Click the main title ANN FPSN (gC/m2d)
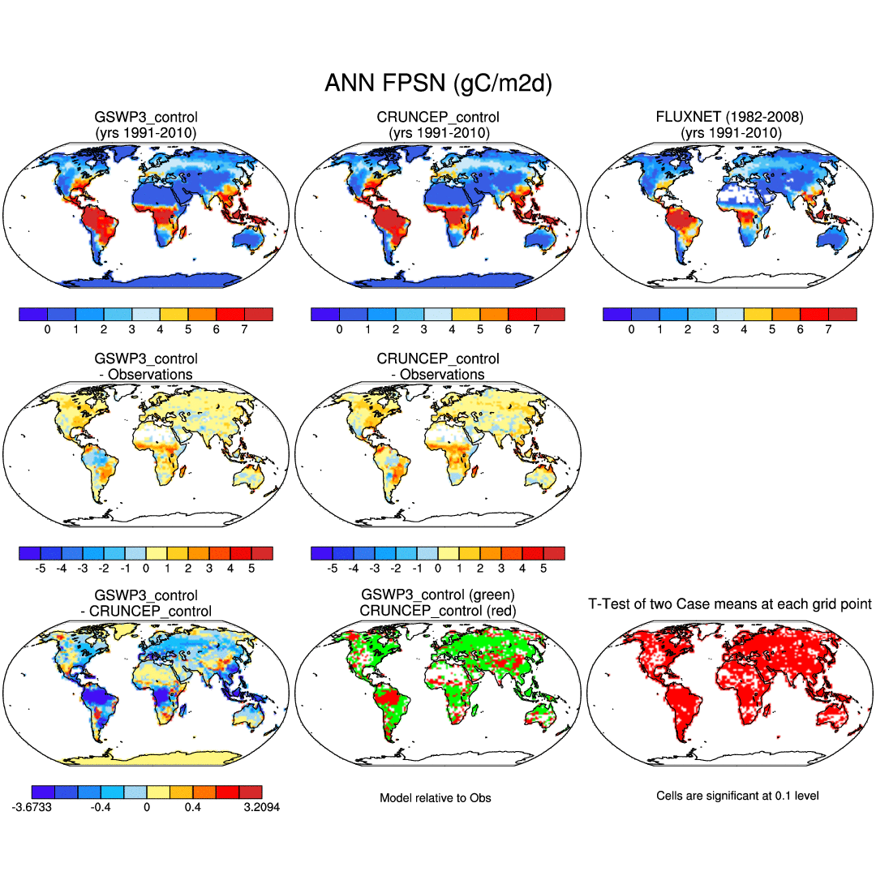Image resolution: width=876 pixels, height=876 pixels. point(438,84)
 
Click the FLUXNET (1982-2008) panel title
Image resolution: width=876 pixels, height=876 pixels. point(729,117)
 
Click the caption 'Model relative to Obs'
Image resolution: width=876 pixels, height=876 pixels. point(436,798)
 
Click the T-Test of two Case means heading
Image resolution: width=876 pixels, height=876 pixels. point(729,604)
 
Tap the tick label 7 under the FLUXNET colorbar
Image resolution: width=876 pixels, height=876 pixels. point(828,330)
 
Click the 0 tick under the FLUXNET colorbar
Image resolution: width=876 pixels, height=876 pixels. point(631,330)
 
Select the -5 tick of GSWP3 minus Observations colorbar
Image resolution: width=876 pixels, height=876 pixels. point(41,569)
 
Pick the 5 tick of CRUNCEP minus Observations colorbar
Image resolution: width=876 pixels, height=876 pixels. point(543,569)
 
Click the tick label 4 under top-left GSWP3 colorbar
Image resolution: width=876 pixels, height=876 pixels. point(160,330)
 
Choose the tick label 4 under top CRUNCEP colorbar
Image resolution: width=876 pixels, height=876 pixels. point(452,330)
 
